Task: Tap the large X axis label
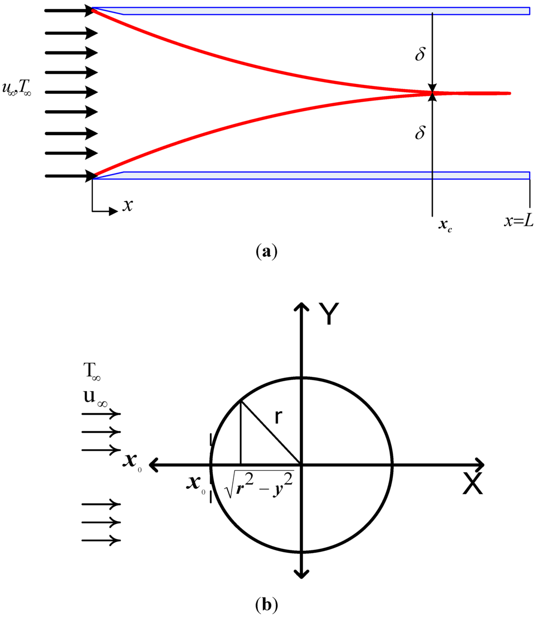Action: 472,486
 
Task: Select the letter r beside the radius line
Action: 279,417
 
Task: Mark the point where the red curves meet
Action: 432,94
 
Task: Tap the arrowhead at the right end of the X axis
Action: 479,464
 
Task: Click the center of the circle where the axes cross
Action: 301,464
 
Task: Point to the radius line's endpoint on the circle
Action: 240,402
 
